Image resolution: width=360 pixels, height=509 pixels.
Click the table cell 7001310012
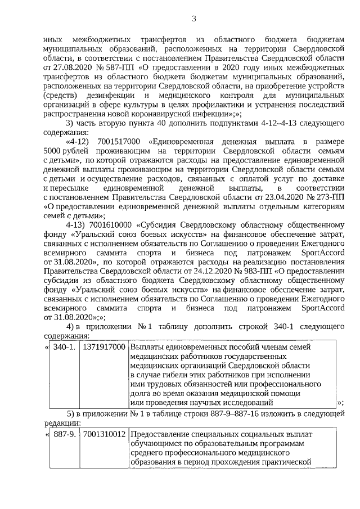click(x=103, y=435)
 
